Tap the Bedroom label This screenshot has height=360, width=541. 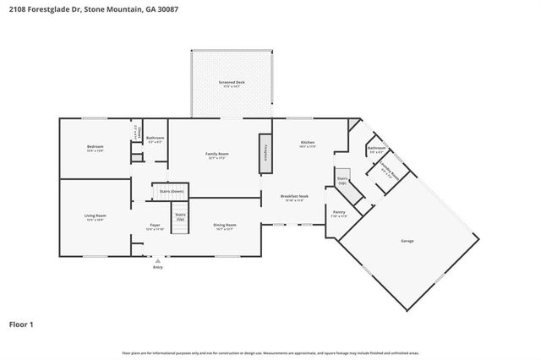95,148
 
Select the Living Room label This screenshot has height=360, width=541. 95,217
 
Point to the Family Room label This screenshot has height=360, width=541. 217,155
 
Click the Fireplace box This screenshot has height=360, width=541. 265,152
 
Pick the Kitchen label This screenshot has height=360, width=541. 307,145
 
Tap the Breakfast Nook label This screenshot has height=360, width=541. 294,198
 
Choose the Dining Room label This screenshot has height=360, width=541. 225,226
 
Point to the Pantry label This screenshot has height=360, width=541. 338,213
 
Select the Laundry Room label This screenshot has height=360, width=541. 389,166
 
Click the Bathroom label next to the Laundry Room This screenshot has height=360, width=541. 375,150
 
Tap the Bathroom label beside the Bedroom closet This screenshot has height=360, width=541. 155,139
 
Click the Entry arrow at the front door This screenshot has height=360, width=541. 157,262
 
